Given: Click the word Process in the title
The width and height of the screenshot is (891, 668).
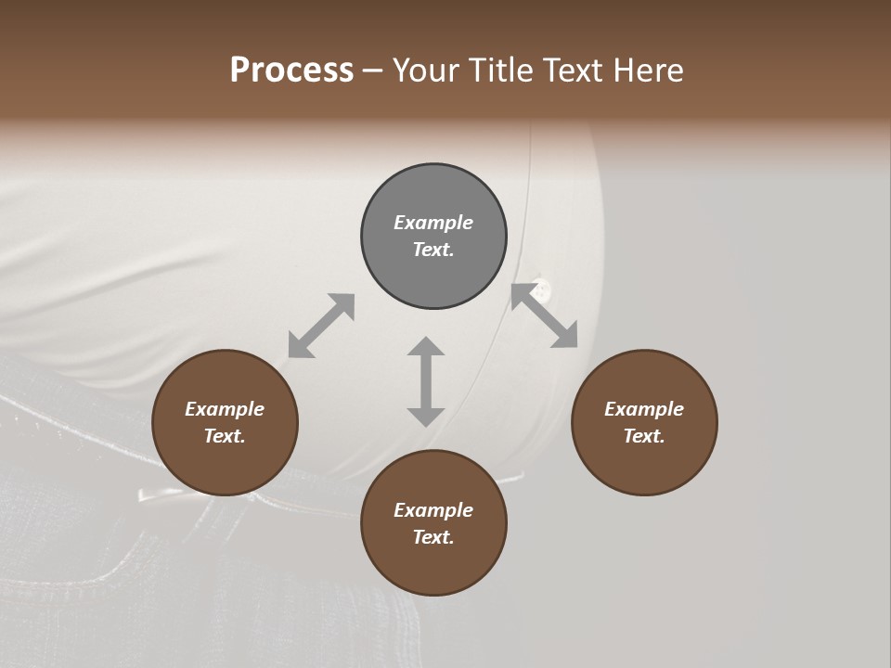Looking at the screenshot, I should pos(291,71).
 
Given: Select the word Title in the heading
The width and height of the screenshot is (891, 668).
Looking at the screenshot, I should pos(502,71).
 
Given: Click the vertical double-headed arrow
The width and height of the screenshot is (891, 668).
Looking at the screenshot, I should pos(426,381).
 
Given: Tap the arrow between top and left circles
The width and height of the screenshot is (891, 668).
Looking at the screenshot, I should pos(321,326).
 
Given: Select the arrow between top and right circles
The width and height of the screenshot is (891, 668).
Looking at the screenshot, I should pos(544,316).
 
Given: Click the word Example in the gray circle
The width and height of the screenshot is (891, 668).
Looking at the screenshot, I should pos(433,223).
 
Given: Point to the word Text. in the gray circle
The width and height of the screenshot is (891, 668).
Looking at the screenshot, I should pos(433,250).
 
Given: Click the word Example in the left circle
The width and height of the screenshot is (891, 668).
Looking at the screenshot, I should pos(225,409).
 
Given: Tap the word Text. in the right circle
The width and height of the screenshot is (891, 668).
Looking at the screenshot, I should pos(644,436).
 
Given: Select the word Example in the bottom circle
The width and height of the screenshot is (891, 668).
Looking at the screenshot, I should pos(433,510).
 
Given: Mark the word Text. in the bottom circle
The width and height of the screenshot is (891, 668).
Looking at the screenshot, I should pos(433,537).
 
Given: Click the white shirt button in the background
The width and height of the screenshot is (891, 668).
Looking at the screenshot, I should pos(541,289).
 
